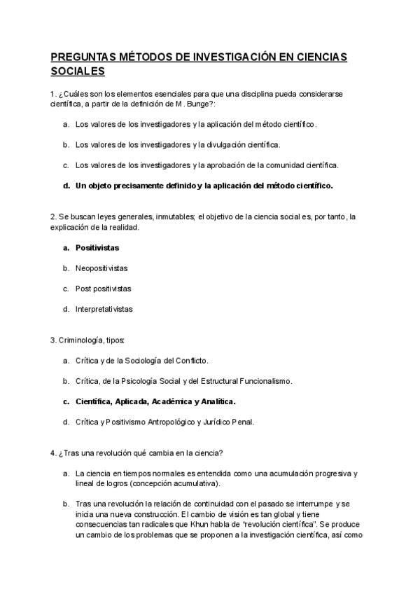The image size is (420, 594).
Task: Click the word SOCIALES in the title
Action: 78,71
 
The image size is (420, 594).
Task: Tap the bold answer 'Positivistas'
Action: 97,247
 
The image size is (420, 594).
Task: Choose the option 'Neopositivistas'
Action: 101,268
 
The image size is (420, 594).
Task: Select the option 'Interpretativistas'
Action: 104,308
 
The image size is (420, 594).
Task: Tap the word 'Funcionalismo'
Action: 266,381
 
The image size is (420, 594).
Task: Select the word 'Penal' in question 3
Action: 242,422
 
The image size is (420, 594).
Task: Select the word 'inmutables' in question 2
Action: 173,217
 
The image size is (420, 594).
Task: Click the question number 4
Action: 53,453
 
